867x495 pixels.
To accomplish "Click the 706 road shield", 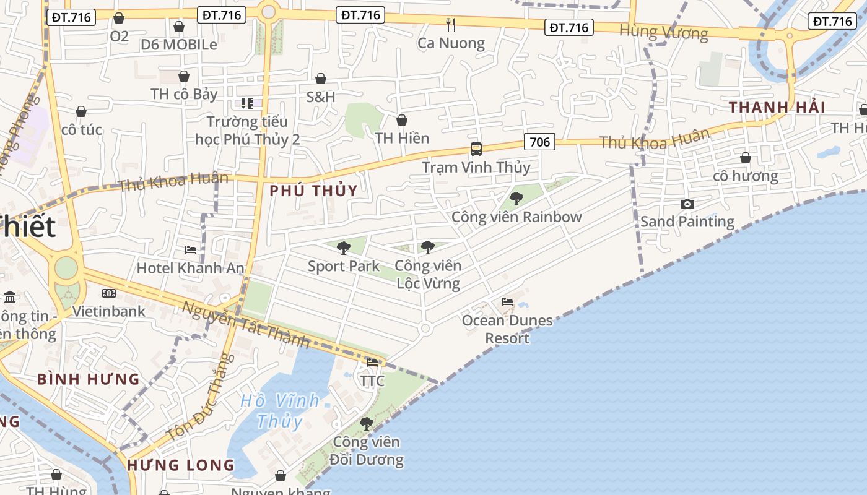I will click(539, 142).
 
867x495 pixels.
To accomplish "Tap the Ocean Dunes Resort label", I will click(507, 329).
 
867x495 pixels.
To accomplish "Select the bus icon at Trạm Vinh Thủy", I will click(476, 149).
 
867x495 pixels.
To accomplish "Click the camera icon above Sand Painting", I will click(687, 204).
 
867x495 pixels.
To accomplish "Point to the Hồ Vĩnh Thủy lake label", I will click(280, 411).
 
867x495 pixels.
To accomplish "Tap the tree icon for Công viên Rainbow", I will click(516, 199).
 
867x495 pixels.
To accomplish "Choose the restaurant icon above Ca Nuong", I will click(451, 25).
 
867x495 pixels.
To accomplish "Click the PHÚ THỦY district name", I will click(314, 191).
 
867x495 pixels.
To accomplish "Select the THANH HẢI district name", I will click(777, 107).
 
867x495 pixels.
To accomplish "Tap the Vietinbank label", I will click(109, 311).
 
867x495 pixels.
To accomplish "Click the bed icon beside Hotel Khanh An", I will click(191, 250).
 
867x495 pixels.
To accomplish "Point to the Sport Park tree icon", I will click(343, 248).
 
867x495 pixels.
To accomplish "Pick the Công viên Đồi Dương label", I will click(367, 451).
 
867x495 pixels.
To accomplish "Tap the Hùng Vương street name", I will click(663, 32).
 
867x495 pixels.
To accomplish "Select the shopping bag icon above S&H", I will click(321, 79).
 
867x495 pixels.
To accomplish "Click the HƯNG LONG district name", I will click(181, 465).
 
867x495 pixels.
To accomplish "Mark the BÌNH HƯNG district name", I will click(89, 379).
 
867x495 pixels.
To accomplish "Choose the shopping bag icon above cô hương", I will click(746, 158).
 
